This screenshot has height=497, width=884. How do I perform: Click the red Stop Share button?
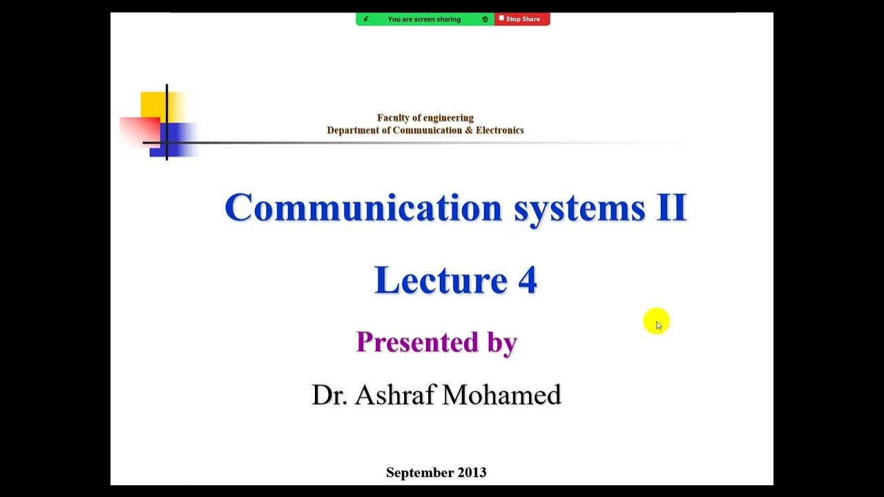[522, 19]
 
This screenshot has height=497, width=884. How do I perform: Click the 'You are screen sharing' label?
[424, 19]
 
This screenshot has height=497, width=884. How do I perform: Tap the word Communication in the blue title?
[363, 207]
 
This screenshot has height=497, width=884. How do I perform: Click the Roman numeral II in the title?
[671, 207]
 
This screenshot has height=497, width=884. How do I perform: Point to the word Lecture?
[441, 280]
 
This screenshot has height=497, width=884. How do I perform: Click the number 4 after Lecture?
[527, 280]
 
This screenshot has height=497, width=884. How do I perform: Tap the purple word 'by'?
[502, 343]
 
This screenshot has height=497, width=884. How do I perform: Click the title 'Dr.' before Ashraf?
[329, 395]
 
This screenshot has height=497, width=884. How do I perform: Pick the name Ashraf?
[396, 395]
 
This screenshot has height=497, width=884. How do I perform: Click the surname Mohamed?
[501, 395]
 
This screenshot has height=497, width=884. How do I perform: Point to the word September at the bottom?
[419, 473]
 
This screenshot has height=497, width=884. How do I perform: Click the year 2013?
[471, 473]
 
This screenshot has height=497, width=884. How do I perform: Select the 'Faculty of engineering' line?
[425, 118]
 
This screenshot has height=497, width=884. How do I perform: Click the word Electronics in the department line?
[499, 130]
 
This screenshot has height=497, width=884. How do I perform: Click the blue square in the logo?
[181, 138]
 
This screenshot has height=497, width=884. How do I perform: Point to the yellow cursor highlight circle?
[656, 322]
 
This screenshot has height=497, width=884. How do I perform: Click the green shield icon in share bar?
[485, 19]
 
